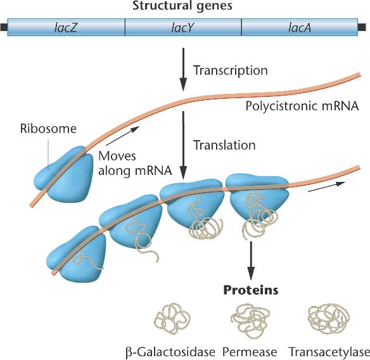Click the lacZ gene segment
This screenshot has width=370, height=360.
[x=66, y=27]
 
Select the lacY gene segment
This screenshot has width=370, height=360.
[x=183, y=27]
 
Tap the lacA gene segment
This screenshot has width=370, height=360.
[x=300, y=27]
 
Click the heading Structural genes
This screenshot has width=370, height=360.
[x=182, y=6]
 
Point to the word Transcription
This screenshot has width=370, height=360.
[x=231, y=70]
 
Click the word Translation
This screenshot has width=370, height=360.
[x=224, y=145]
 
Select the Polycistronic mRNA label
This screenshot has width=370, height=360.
[x=302, y=106]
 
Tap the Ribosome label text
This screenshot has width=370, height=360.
[x=48, y=129]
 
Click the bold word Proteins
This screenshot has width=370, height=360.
[x=251, y=290]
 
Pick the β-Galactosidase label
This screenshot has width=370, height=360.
[x=170, y=352]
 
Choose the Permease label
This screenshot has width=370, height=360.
[x=250, y=352]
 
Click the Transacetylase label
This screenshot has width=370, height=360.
[x=329, y=352]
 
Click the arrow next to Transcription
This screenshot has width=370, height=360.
[x=183, y=70]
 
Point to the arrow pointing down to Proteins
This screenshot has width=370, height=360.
[x=251, y=260]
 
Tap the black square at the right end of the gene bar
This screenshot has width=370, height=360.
[x=362, y=27]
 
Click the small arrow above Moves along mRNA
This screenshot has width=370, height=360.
[x=123, y=136]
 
